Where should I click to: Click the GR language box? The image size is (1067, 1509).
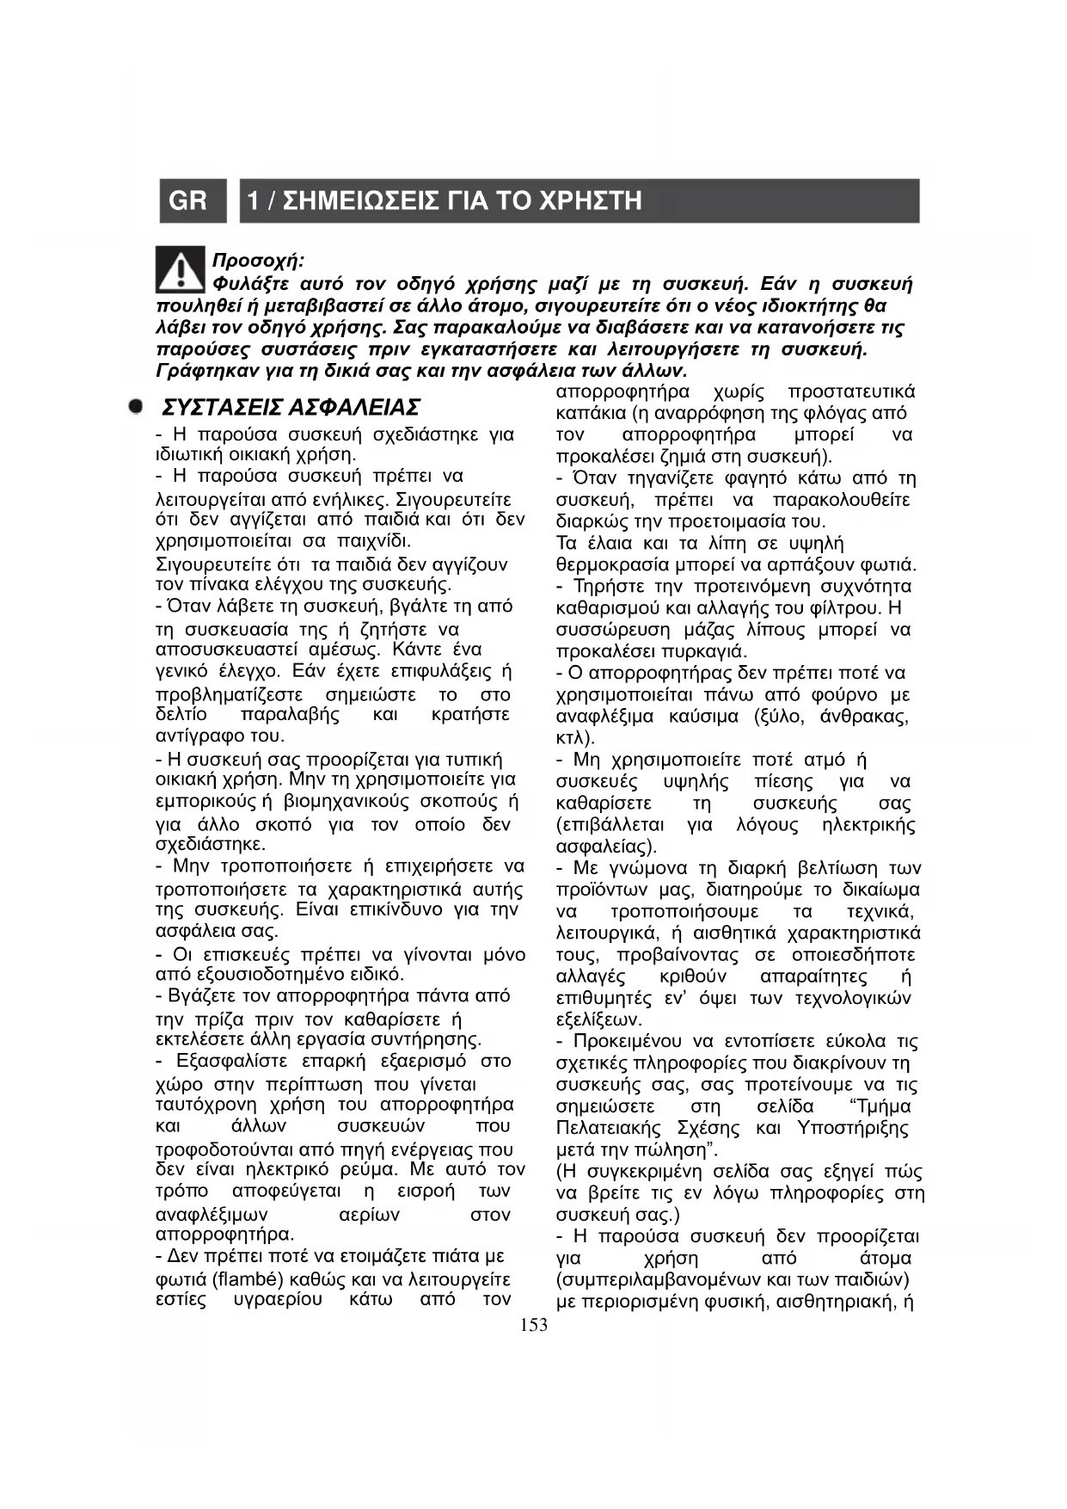[188, 201]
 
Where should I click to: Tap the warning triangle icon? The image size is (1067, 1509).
[181, 268]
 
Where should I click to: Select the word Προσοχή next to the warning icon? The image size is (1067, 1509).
[256, 261]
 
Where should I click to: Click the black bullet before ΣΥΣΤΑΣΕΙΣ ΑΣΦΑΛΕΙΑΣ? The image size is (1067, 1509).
[135, 406]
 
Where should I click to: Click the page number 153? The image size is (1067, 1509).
[534, 1325]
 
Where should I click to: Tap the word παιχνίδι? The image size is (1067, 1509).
[375, 542]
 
